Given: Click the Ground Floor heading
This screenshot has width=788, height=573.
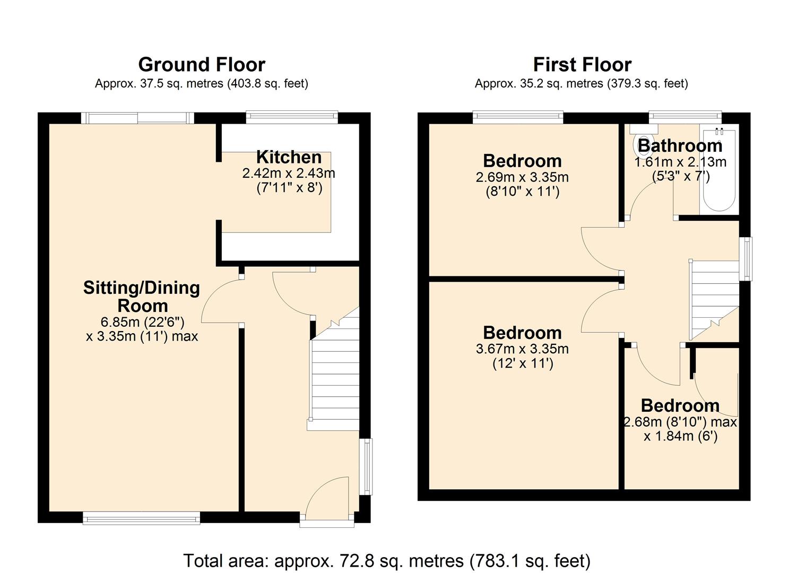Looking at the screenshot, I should click(x=201, y=65).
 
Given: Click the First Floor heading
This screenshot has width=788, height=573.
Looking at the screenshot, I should click(x=582, y=65).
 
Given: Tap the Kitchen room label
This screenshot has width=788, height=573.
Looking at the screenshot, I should click(x=289, y=157).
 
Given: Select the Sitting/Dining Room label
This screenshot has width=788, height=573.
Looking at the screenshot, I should click(x=142, y=297).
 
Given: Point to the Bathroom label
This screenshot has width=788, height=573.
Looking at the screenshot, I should click(x=680, y=145).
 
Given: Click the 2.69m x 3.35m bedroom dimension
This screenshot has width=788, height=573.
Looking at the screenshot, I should click(x=522, y=177).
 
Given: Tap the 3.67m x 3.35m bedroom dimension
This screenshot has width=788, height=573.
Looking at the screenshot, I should click(x=522, y=349).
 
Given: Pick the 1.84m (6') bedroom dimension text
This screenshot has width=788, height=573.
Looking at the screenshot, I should click(x=680, y=436).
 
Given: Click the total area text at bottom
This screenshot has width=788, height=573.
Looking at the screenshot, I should click(x=386, y=560).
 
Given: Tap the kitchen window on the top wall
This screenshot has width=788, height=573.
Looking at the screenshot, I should click(x=292, y=117).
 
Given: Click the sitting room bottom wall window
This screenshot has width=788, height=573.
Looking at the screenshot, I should click(x=141, y=517).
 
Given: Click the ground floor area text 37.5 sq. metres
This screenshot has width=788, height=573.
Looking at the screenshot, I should click(x=201, y=83).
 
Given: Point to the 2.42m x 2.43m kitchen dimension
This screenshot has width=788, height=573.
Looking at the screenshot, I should click(x=289, y=173).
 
